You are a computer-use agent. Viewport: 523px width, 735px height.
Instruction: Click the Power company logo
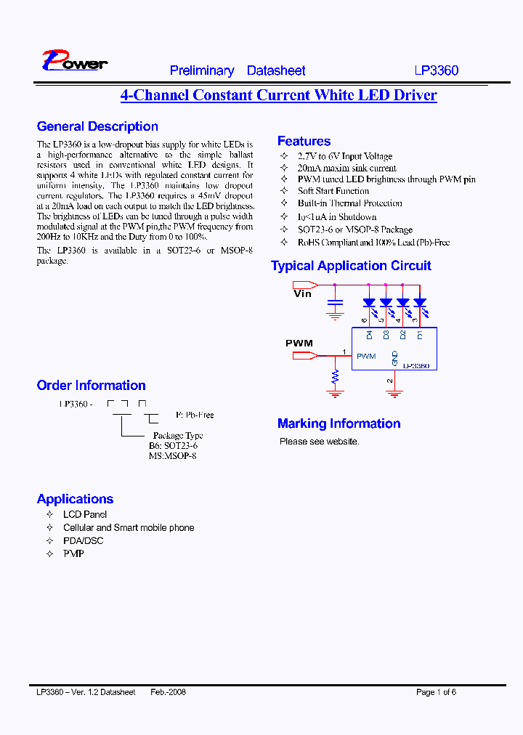coord(74,61)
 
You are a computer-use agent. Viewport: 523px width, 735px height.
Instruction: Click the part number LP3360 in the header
coord(437,70)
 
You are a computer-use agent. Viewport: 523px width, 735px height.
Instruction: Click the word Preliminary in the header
coord(202,70)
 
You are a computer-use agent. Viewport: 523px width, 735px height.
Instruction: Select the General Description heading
coord(97,126)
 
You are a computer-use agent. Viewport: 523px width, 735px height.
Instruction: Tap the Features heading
coord(304,141)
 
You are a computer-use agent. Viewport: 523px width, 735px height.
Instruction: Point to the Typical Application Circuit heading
coord(351,266)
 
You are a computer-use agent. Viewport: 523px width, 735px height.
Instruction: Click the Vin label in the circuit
coord(302,294)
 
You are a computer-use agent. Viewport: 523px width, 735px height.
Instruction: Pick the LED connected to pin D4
coord(369,302)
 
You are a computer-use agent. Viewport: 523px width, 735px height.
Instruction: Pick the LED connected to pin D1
coord(420,302)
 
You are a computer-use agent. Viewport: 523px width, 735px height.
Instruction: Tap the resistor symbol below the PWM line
coord(335,377)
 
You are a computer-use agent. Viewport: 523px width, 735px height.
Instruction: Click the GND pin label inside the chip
coord(395,357)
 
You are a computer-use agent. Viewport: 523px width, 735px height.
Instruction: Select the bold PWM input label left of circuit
coord(299,343)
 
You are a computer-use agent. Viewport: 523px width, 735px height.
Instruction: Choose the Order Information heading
coord(91,385)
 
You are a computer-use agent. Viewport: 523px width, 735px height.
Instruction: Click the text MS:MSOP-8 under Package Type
coord(172,455)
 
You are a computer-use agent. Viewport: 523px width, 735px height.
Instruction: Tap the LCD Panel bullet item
coord(85,514)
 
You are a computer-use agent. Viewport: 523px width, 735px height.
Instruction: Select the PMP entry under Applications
coord(73,553)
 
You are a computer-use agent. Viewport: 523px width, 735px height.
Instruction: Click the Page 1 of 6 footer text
coord(436,692)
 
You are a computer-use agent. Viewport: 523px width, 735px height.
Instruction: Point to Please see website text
coord(319,441)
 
